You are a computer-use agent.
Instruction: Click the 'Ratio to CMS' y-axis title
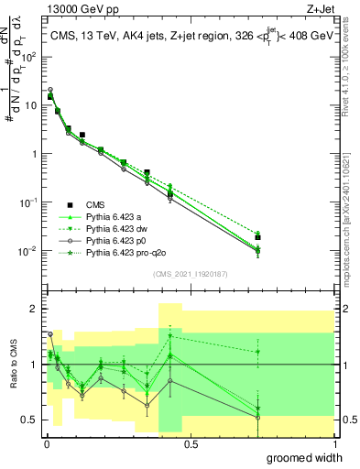point(14,364)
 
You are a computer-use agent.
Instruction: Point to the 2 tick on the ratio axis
point(34,309)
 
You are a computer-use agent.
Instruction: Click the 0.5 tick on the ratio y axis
point(29,420)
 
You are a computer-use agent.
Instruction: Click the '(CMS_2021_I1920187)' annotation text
point(190,274)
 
